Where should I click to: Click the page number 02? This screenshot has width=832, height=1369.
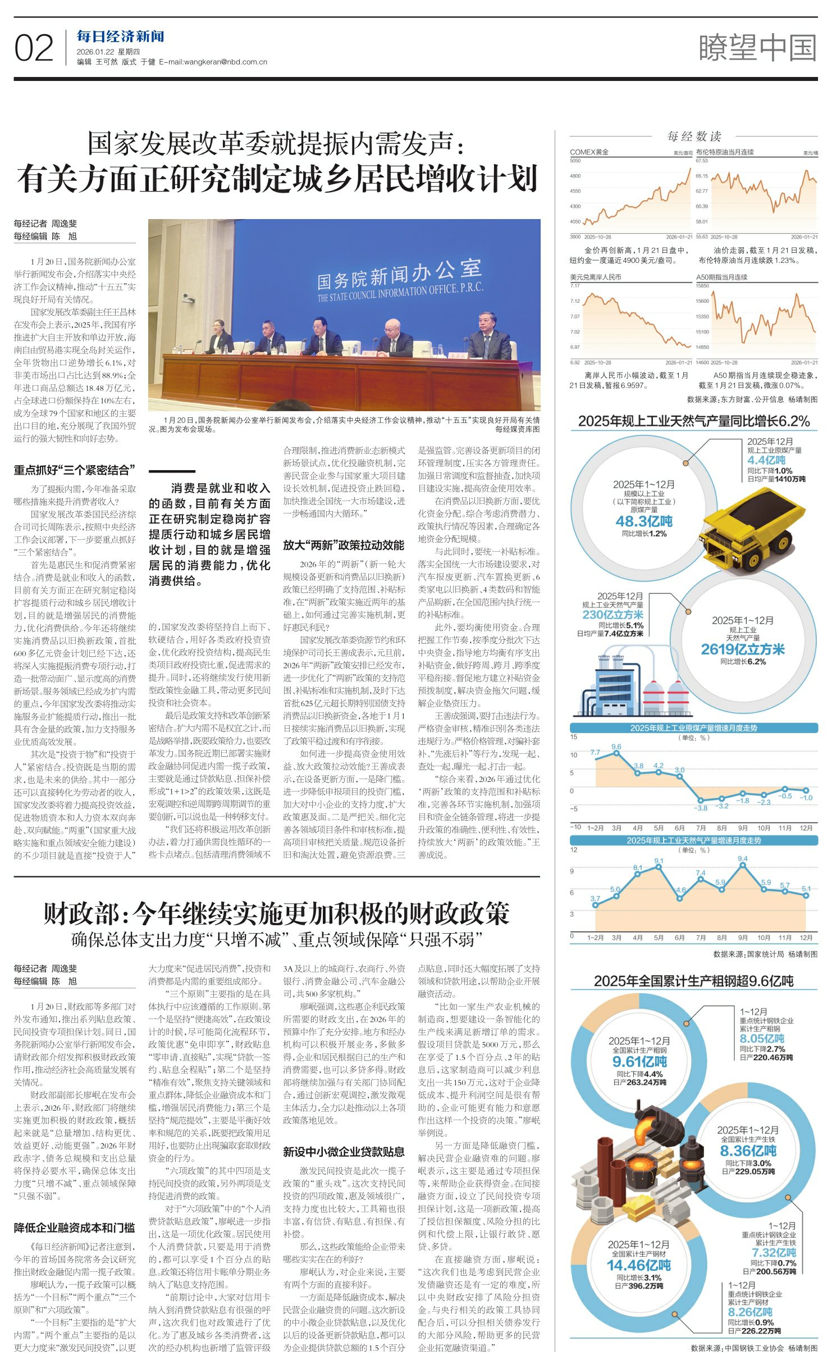(x=34, y=48)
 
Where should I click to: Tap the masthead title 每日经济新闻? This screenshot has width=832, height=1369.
(x=120, y=37)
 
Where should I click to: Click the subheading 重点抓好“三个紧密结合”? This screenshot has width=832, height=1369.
(x=74, y=470)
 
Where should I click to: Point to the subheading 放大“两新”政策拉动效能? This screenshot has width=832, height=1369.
(x=343, y=545)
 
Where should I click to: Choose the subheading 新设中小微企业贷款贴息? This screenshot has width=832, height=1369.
(x=343, y=1152)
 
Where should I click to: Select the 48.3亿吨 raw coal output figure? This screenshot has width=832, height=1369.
(x=644, y=521)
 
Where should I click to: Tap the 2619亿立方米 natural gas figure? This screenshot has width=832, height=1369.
(x=742, y=649)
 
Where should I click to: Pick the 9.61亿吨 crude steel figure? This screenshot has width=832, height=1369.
(x=639, y=1061)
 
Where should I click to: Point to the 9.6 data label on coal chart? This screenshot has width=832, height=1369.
(x=616, y=747)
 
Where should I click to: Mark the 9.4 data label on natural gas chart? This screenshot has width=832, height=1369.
(x=742, y=859)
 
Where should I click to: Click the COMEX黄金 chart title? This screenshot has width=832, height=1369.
(x=589, y=152)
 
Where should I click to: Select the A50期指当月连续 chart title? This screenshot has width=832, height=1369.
(x=721, y=277)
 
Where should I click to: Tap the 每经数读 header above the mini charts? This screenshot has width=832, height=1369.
(x=694, y=137)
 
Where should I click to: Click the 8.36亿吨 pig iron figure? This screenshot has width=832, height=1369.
(x=748, y=1151)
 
